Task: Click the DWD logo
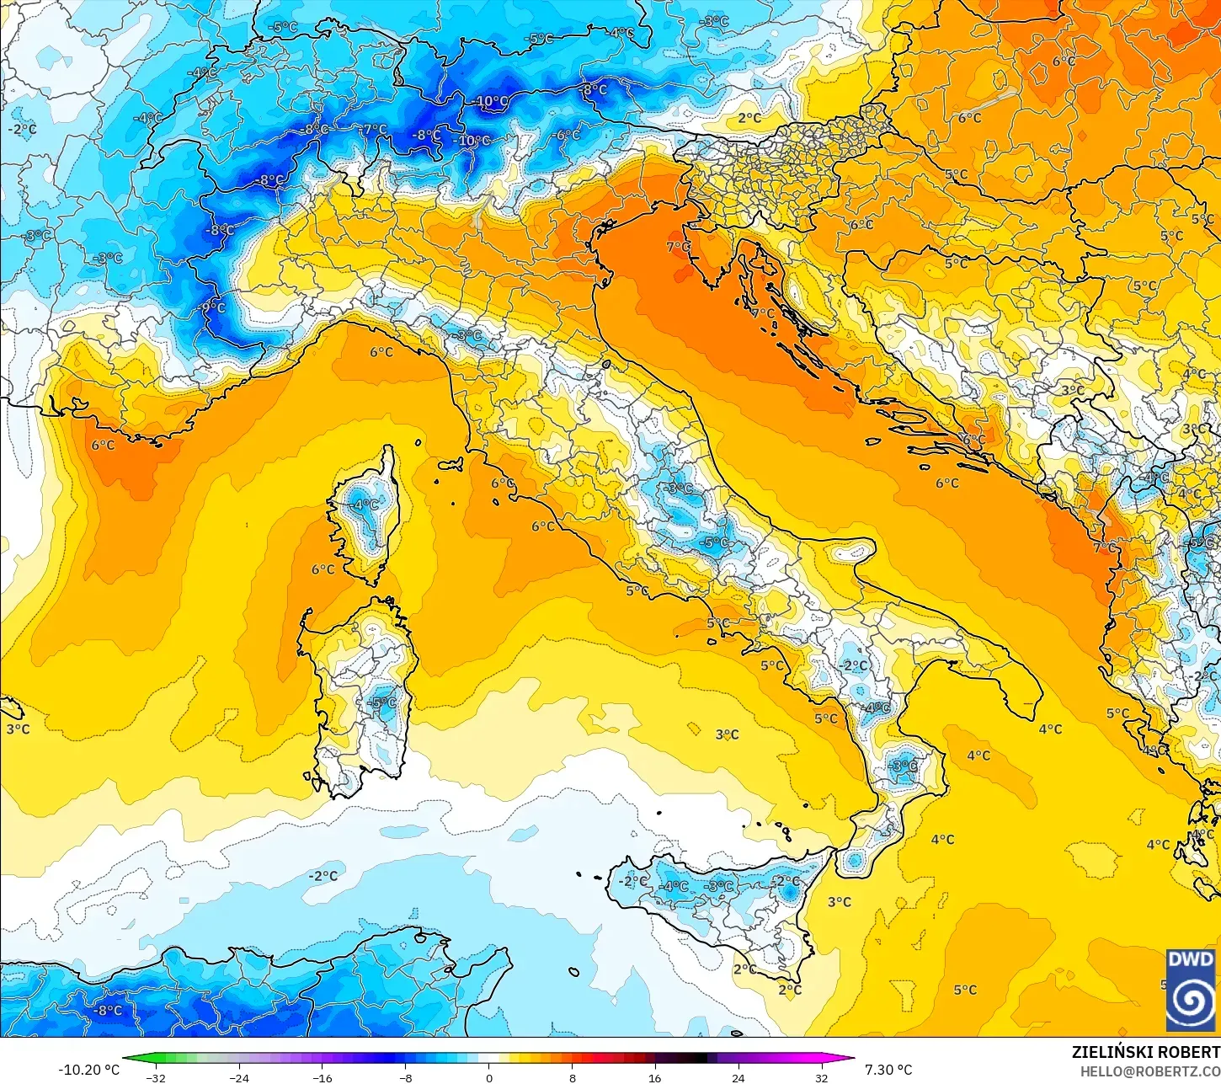[1191, 990]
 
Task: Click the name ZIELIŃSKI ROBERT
[1145, 1052]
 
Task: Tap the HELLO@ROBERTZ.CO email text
[1149, 1071]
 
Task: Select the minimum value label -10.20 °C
[88, 1070]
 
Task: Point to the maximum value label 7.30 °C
[888, 1070]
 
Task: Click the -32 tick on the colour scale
[156, 1077]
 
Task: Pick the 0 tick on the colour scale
[488, 1077]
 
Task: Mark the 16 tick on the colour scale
[655, 1077]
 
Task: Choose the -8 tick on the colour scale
[405, 1077]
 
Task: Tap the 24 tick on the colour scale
[738, 1077]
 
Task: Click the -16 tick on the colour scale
[322, 1077]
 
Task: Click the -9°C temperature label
[213, 307]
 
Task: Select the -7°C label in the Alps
[375, 130]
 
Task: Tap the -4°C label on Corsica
[365, 505]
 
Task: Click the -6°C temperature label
[567, 135]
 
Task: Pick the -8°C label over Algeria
[109, 1010]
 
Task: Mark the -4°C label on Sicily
[674, 886]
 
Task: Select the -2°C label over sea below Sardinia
[323, 876]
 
